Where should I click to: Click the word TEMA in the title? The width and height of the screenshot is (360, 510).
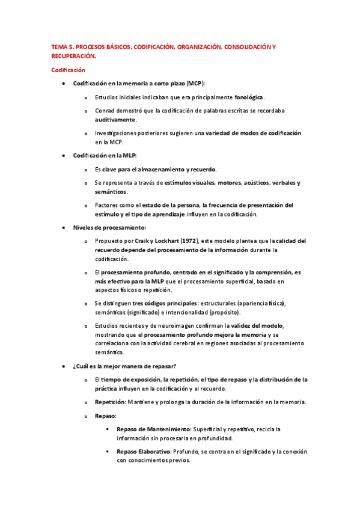tap(59, 46)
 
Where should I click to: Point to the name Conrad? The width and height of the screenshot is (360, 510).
tap(106, 111)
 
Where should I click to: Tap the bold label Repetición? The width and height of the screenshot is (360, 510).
tap(111, 402)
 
